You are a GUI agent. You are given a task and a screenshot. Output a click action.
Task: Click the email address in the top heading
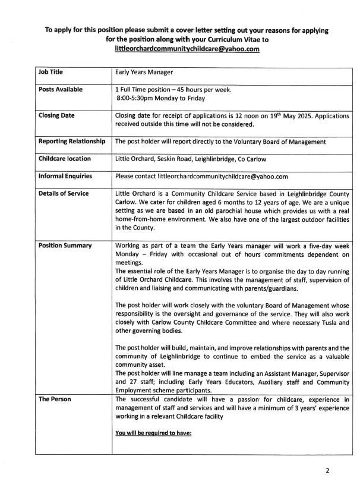click(x=187, y=49)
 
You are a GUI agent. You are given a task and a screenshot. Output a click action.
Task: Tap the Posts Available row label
click(x=61, y=89)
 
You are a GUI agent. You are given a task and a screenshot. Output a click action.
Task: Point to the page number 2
click(x=335, y=468)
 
